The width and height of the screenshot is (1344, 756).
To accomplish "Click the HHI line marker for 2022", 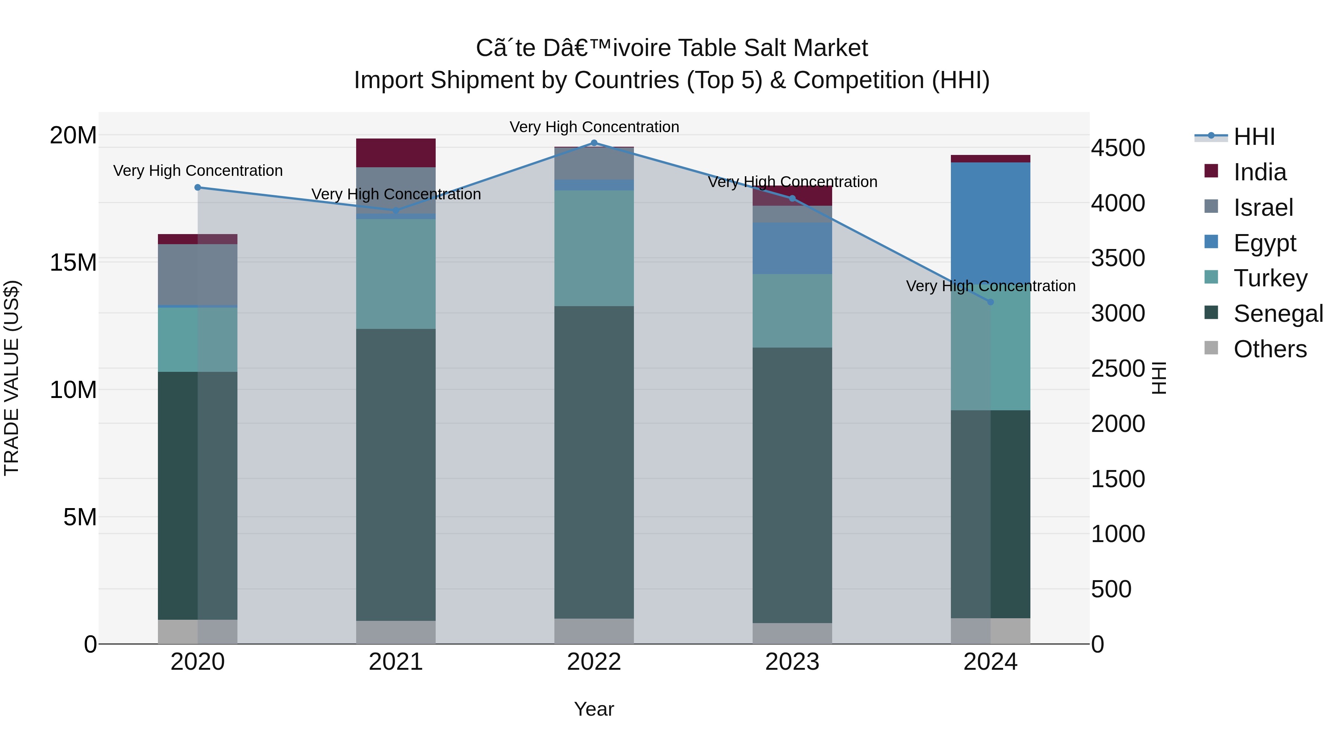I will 594,143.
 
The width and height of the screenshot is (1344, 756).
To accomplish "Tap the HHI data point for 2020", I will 198,187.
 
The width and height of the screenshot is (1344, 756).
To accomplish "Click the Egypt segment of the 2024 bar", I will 990,224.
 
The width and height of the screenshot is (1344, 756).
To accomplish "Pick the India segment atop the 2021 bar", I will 395,153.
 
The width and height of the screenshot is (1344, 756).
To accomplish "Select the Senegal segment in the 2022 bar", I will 594,462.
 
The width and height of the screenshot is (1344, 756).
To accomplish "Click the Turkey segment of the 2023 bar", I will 792,311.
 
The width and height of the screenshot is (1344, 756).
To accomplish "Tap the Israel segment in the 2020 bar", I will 198,274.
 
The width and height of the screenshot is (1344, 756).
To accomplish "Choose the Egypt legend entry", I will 1264,243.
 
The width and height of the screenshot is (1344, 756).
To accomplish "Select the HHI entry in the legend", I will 1254,137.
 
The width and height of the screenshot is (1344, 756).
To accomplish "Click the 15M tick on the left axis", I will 73,262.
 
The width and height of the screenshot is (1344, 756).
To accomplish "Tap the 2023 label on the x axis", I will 792,662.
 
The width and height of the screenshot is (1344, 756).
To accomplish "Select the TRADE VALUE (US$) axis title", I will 12,378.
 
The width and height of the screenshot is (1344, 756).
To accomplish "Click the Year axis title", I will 594,709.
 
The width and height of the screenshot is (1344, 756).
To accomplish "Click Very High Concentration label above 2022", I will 594,127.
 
